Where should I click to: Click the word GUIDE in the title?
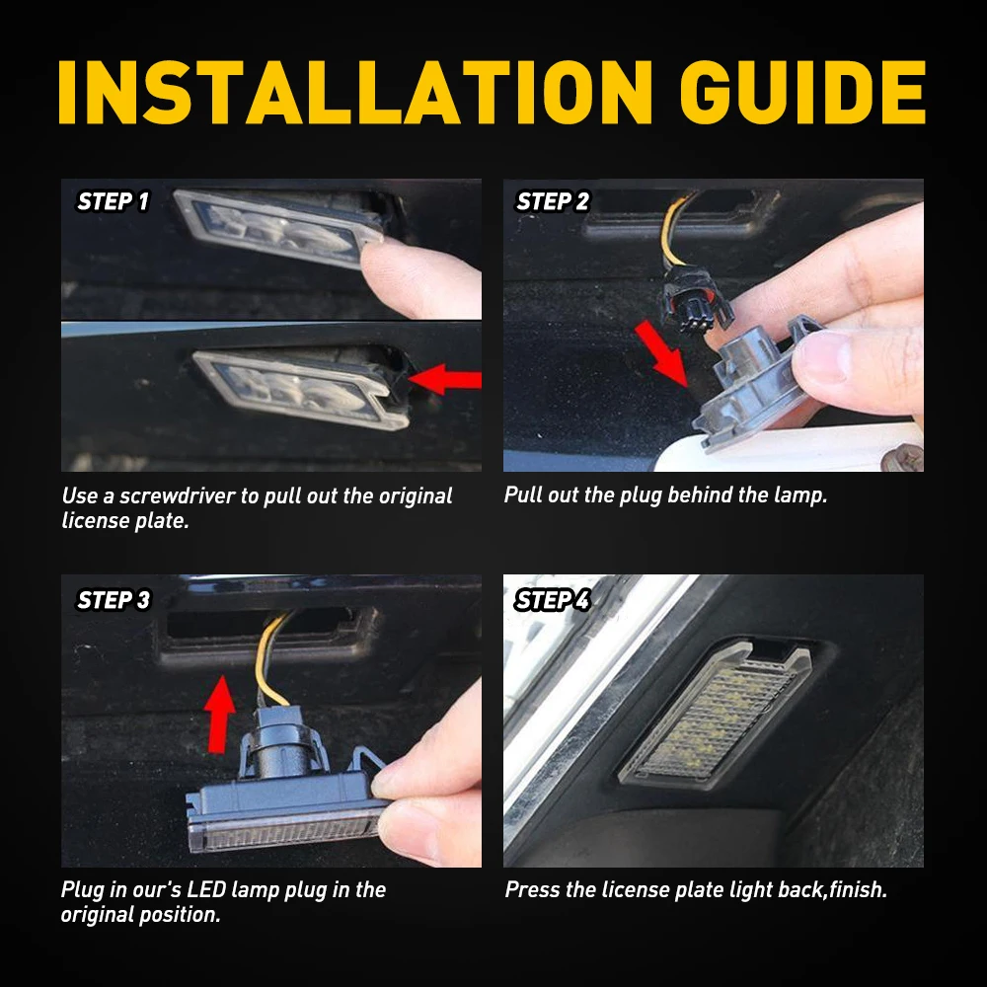pyautogui.click(x=802, y=93)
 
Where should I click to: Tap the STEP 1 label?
pyautogui.click(x=113, y=201)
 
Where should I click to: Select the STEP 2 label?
pyautogui.click(x=553, y=201)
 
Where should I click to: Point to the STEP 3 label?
pyautogui.click(x=114, y=600)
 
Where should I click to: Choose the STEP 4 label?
pyautogui.click(x=552, y=600)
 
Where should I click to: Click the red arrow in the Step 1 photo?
pyautogui.click(x=445, y=380)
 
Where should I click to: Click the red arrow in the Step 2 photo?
pyautogui.click(x=661, y=353)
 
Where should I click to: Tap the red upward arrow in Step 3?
pyautogui.click(x=219, y=714)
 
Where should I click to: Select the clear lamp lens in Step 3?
pyautogui.click(x=284, y=831)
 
